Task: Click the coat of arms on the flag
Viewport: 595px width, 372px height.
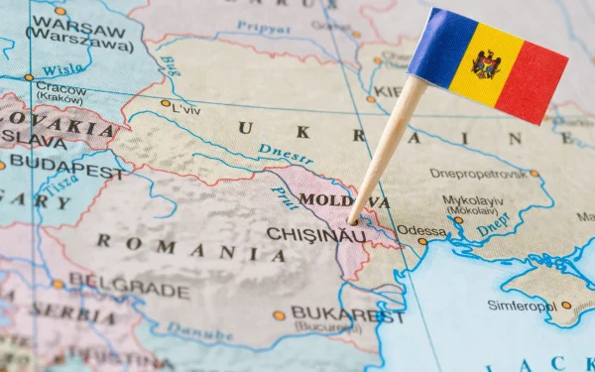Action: pyautogui.click(x=486, y=64)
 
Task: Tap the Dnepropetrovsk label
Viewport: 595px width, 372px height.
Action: pyautogui.click(x=478, y=174)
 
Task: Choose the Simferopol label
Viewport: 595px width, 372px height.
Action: pyautogui.click(x=521, y=306)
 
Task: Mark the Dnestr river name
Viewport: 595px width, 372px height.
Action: pyautogui.click(x=286, y=153)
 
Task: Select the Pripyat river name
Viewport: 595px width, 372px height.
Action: pyautogui.click(x=263, y=29)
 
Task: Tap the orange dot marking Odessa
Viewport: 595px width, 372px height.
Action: pyautogui.click(x=422, y=241)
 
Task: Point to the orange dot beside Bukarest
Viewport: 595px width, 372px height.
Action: pyautogui.click(x=280, y=315)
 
